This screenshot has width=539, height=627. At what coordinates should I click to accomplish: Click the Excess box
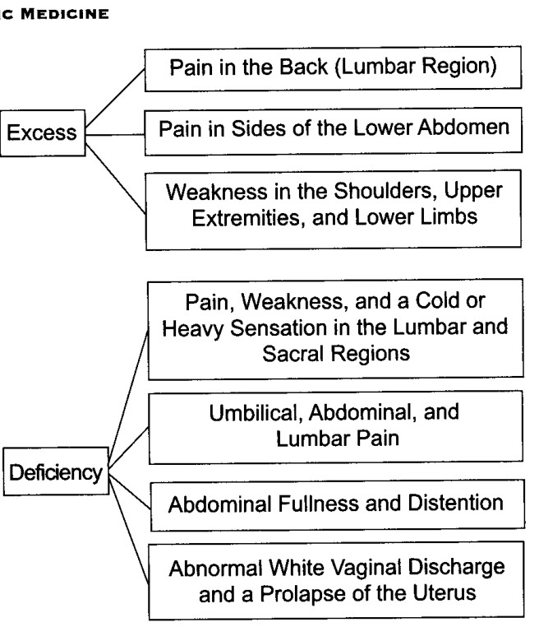tap(43, 132)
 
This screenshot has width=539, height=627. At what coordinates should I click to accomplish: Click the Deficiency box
tap(56, 471)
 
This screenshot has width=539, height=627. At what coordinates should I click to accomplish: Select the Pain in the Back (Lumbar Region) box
tap(333, 68)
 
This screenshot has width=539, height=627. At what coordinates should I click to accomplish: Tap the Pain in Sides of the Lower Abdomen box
tap(334, 131)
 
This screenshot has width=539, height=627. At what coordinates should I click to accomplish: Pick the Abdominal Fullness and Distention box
tap(338, 505)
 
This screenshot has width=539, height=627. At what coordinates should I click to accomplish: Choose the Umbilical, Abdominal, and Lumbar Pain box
tap(336, 428)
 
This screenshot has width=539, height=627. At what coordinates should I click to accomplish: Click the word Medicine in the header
tap(65, 14)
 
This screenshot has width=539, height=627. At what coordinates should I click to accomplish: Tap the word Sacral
tap(293, 354)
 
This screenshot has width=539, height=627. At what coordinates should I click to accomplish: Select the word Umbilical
tap(254, 413)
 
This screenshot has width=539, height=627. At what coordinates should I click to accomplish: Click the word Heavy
tap(193, 329)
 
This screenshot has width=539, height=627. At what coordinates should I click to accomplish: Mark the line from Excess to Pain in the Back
tap(115, 99)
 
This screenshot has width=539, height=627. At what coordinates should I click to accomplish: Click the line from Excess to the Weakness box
tap(115, 179)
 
